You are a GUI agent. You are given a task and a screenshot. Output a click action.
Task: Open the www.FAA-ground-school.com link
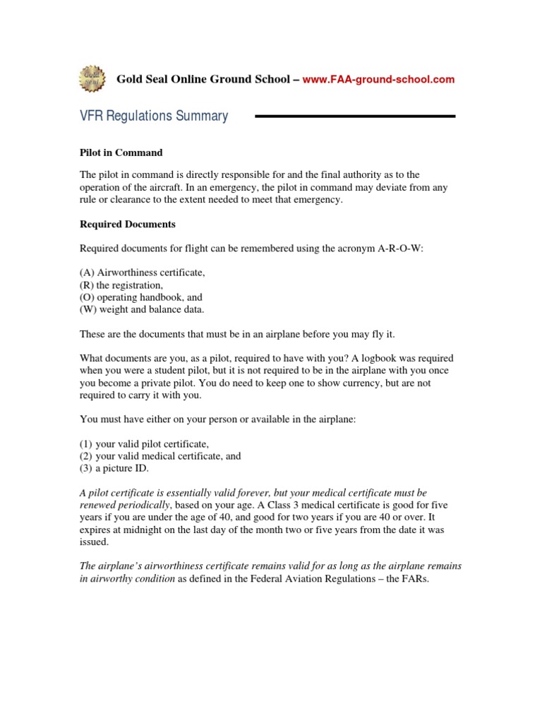click(x=378, y=80)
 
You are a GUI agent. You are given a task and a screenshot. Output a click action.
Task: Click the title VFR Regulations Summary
click(x=153, y=116)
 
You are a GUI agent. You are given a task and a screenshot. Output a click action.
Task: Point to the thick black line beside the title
click(x=354, y=116)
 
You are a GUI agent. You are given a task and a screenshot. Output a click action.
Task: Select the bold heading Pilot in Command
click(x=121, y=153)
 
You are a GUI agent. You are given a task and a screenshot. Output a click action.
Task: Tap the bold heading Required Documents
click(x=127, y=225)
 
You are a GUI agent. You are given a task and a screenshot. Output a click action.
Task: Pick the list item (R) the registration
click(x=121, y=285)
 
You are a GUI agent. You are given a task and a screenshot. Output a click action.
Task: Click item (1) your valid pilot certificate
click(x=144, y=444)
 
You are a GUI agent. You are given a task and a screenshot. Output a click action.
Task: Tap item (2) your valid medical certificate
click(x=159, y=456)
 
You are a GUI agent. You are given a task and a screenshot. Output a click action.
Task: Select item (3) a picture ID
click(x=114, y=468)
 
